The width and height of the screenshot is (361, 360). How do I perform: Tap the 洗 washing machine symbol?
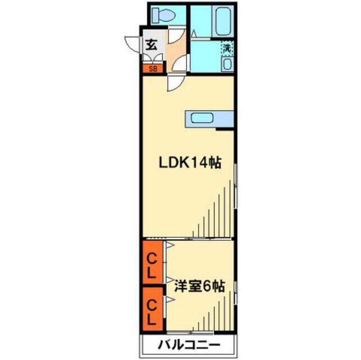pos(226,49)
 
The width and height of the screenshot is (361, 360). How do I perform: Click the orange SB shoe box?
pos(153,69)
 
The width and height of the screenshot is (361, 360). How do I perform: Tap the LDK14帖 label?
pos(188,164)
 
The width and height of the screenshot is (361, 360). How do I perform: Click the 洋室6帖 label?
pos(199,286)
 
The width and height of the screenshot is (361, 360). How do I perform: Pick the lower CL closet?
pos(152,313)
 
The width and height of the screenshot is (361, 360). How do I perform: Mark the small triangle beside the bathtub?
pos(193,33)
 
